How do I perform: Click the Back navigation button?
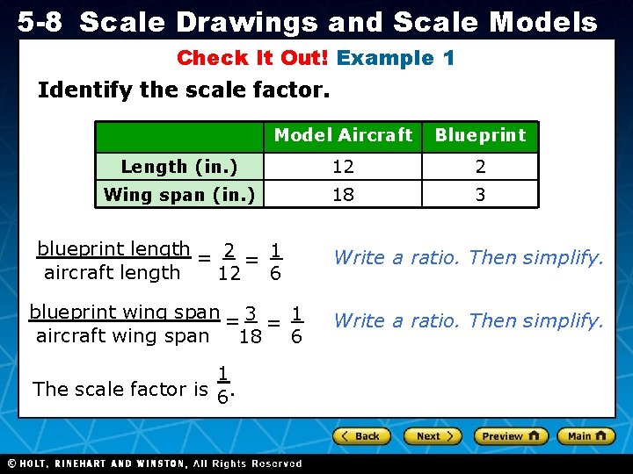click(x=360, y=435)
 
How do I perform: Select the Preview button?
click(x=511, y=435)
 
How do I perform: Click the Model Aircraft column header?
click(x=343, y=135)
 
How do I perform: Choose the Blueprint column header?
click(x=480, y=135)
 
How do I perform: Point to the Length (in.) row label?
click(x=179, y=167)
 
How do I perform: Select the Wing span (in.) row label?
click(x=179, y=194)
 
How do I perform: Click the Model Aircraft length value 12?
click(x=343, y=167)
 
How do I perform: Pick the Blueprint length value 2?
click(x=480, y=167)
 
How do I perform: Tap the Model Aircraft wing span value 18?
click(x=343, y=194)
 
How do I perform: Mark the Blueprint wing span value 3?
click(x=480, y=194)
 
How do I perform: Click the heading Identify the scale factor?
click(x=184, y=90)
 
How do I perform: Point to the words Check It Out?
click(x=252, y=59)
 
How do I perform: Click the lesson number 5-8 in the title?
click(x=40, y=22)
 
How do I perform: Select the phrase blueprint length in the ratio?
click(x=113, y=249)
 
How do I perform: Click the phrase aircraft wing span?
click(x=122, y=335)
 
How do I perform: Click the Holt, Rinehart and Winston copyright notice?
click(x=154, y=463)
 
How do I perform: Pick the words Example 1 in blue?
click(x=396, y=59)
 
